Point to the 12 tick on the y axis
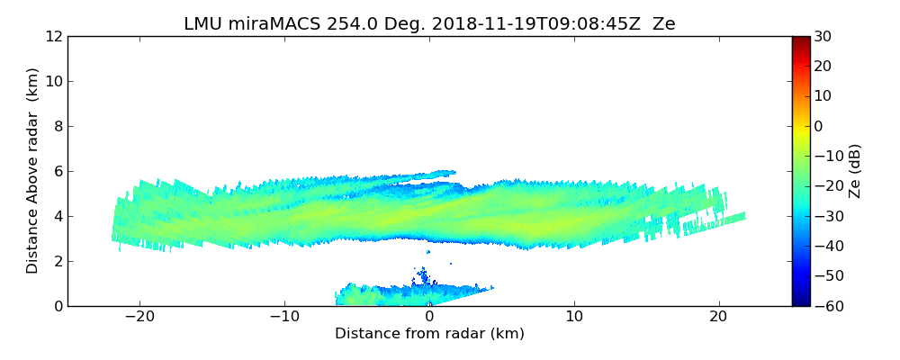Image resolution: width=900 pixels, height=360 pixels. click(x=53, y=36)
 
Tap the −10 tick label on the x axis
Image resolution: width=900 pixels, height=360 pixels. click(x=284, y=317)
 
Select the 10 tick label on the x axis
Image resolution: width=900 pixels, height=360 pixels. click(x=574, y=317)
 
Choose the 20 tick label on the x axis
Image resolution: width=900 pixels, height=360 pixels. click(x=718, y=317)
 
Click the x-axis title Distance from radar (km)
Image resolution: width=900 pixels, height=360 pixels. click(x=429, y=334)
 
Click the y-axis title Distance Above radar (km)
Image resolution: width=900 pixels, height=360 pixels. click(x=33, y=170)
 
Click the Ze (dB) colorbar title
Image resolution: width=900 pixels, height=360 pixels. click(x=855, y=171)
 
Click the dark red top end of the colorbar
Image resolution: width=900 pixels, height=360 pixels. click(x=801, y=40)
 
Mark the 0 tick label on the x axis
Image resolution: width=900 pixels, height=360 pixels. click(x=429, y=317)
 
